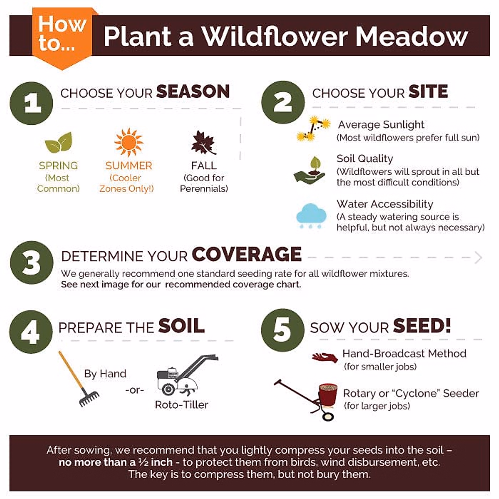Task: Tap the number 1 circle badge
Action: click(31, 103)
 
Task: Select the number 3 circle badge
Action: click(32, 263)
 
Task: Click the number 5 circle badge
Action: click(282, 330)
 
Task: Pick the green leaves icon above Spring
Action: click(58, 143)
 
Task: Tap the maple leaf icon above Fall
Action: click(203, 143)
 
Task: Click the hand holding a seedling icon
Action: click(310, 170)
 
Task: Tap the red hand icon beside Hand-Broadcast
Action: click(325, 357)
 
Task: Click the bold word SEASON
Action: click(193, 92)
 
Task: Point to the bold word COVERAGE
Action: click(247, 254)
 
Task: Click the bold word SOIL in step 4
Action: click(181, 326)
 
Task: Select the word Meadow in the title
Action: click(412, 37)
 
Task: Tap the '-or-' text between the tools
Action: click(134, 390)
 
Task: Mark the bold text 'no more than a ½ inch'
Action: click(116, 462)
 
